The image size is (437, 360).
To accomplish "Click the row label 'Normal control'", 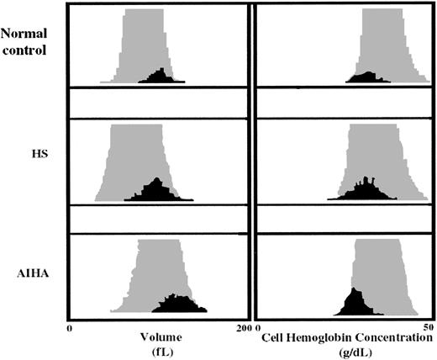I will click(x=24, y=42).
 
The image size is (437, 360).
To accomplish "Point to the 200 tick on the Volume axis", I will click(x=243, y=326).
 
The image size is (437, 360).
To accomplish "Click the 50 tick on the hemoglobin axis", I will click(x=428, y=326).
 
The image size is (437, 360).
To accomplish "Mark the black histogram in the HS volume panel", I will click(x=157, y=191).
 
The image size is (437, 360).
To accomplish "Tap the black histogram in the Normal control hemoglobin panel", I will click(x=366, y=77).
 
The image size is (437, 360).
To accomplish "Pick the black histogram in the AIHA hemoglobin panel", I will click(x=355, y=303).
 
